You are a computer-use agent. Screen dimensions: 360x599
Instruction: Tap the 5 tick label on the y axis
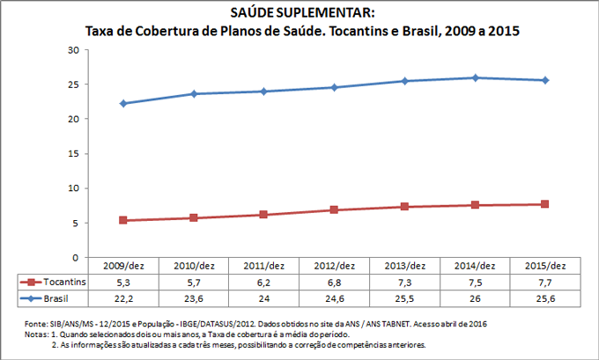click(77, 223)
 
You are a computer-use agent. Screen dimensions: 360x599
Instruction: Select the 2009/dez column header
click(122, 266)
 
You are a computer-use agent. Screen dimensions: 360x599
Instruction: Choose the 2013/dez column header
click(404, 266)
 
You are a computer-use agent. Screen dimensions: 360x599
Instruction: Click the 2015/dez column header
click(545, 266)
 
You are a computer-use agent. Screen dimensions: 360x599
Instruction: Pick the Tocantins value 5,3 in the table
click(122, 282)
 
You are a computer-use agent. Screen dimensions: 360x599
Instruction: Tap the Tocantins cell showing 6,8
click(334, 282)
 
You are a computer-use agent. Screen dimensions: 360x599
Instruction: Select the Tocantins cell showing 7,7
click(545, 282)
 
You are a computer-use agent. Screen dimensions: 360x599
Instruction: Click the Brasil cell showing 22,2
click(122, 298)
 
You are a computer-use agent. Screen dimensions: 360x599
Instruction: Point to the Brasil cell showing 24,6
click(334, 298)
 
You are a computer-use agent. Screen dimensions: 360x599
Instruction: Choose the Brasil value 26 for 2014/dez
click(475, 298)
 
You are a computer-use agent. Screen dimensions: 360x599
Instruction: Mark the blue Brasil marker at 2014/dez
click(475, 77)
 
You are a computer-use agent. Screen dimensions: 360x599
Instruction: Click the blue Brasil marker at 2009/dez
click(122, 104)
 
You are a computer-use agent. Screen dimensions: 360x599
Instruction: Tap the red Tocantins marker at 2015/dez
click(545, 204)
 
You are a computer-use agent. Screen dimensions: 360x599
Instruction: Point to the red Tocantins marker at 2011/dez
click(263, 215)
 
